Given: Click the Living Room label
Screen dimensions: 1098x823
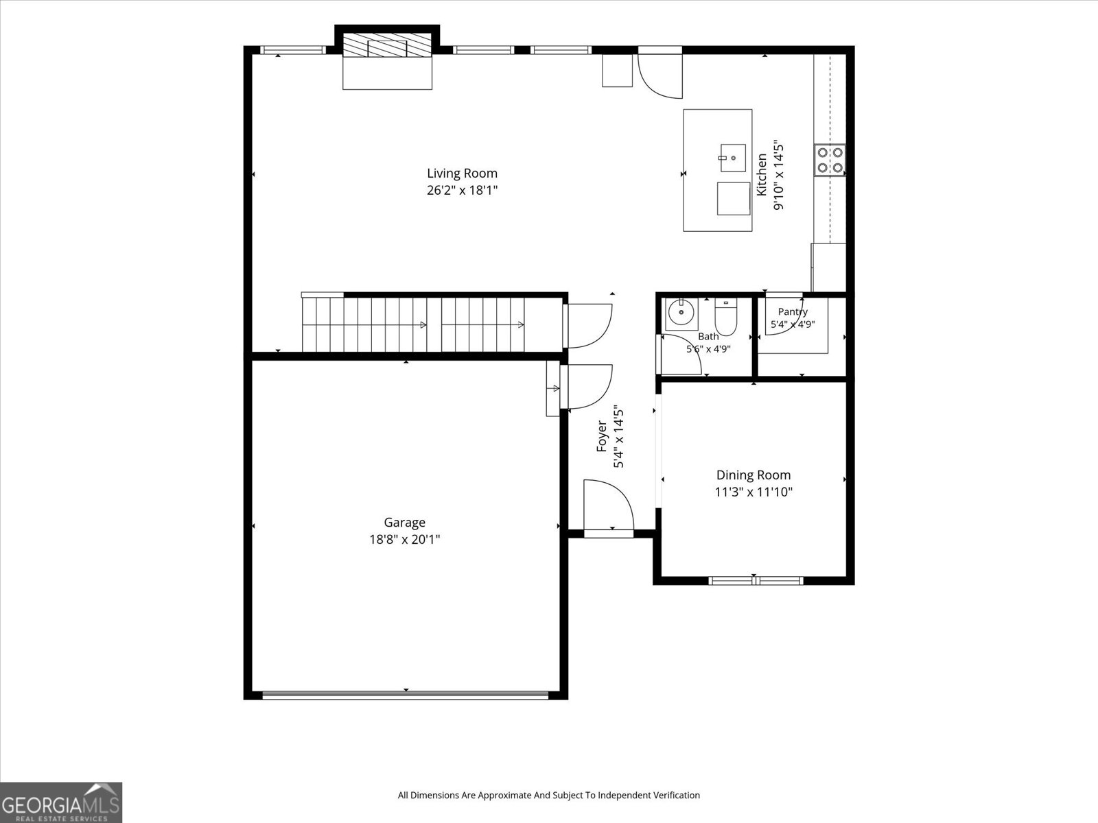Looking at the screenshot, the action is click(462, 174).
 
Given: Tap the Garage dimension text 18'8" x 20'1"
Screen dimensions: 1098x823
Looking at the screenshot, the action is click(405, 540).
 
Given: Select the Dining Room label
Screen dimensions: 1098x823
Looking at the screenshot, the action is click(754, 475).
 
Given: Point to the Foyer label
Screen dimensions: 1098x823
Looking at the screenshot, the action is click(602, 436).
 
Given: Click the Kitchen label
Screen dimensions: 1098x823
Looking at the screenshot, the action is click(761, 174).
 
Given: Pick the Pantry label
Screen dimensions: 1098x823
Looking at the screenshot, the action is click(793, 312).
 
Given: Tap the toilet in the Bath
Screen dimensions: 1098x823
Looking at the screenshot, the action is click(726, 316).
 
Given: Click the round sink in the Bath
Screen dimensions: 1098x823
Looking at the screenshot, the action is click(681, 312).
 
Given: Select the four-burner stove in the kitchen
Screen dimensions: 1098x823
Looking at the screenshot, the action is click(830, 160).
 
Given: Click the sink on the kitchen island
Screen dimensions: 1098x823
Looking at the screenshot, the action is click(733, 158).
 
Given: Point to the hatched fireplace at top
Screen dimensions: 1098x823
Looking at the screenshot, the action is click(386, 45).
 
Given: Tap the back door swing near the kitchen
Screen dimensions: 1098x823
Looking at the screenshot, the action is click(660, 73).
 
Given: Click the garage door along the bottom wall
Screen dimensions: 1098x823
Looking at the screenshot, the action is click(406, 695).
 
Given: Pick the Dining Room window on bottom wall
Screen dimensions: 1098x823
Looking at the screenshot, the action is click(756, 581).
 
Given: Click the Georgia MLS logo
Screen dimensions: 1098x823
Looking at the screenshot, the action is click(61, 802).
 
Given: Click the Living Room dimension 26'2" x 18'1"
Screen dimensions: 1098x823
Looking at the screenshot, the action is click(463, 191).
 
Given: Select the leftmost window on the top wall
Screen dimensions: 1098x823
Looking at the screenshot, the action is click(292, 50).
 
